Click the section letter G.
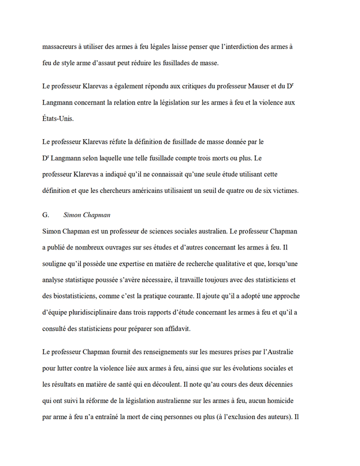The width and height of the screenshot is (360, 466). [46, 215]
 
